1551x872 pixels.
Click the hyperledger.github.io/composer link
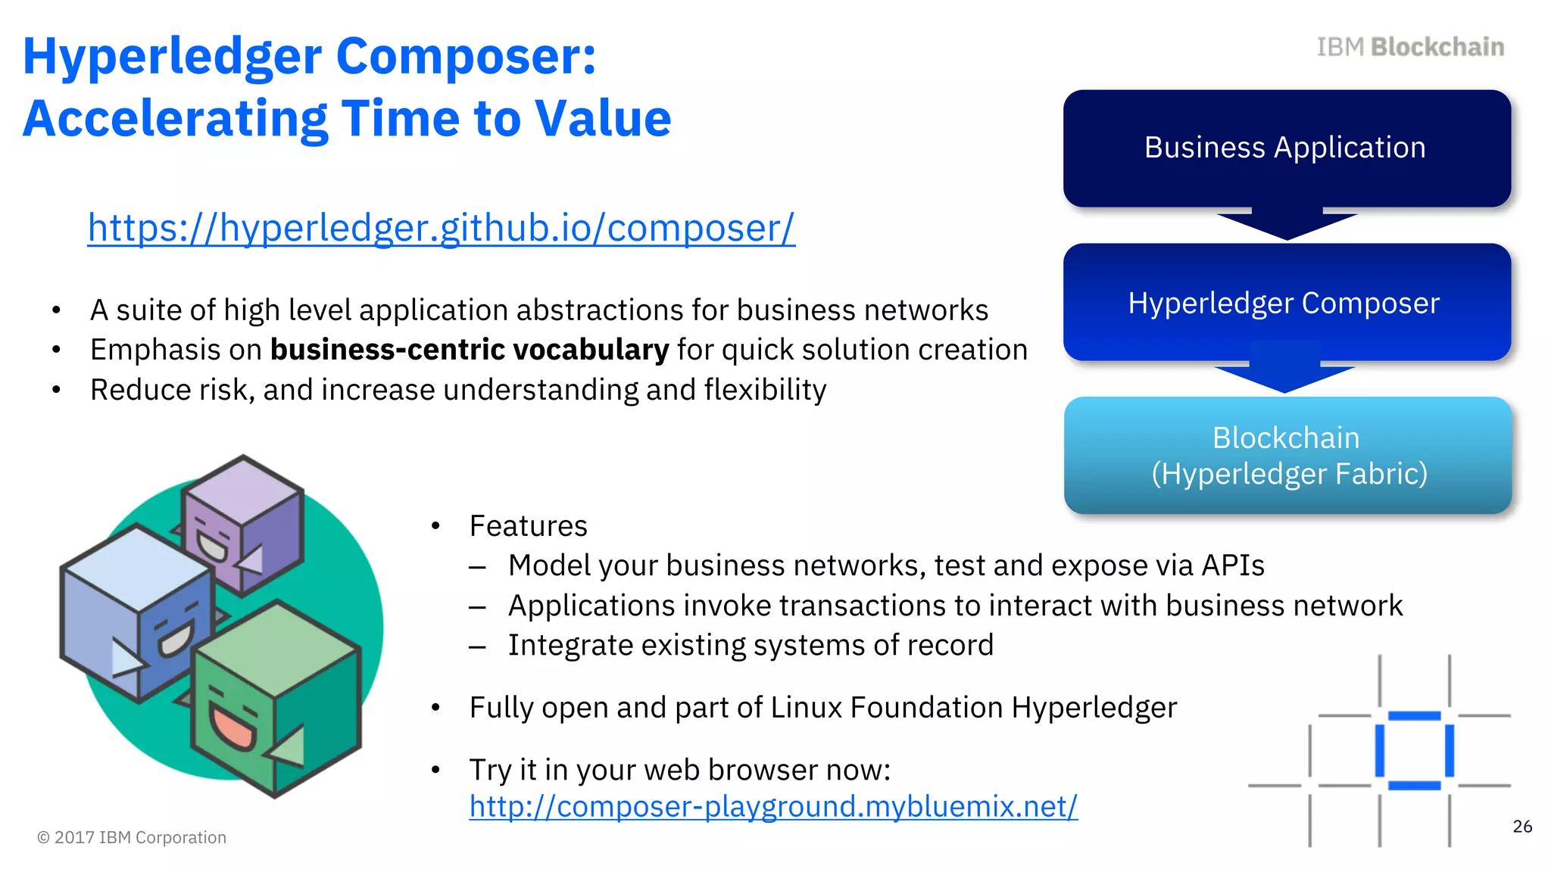(441, 229)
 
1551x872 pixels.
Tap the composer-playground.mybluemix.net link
(772, 806)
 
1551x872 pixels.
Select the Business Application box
(1286, 148)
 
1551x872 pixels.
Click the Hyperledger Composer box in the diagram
(1286, 303)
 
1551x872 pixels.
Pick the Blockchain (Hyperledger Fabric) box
(1287, 456)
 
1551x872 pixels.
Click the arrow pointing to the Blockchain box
(1285, 376)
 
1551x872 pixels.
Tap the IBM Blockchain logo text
(1409, 47)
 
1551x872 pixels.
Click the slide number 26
(1521, 827)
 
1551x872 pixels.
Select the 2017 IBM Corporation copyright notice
(132, 837)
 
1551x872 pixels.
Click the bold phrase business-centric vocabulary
(470, 350)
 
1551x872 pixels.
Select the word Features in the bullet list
(528, 526)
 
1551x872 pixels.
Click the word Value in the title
(602, 119)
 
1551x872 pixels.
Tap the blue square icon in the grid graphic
(1414, 750)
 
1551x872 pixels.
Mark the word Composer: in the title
(466, 57)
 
